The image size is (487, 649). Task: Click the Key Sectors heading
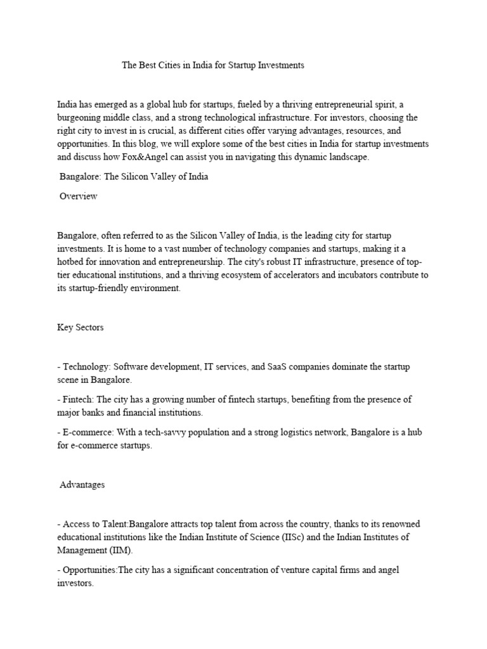(x=80, y=328)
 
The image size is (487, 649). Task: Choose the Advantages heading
(x=82, y=485)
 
